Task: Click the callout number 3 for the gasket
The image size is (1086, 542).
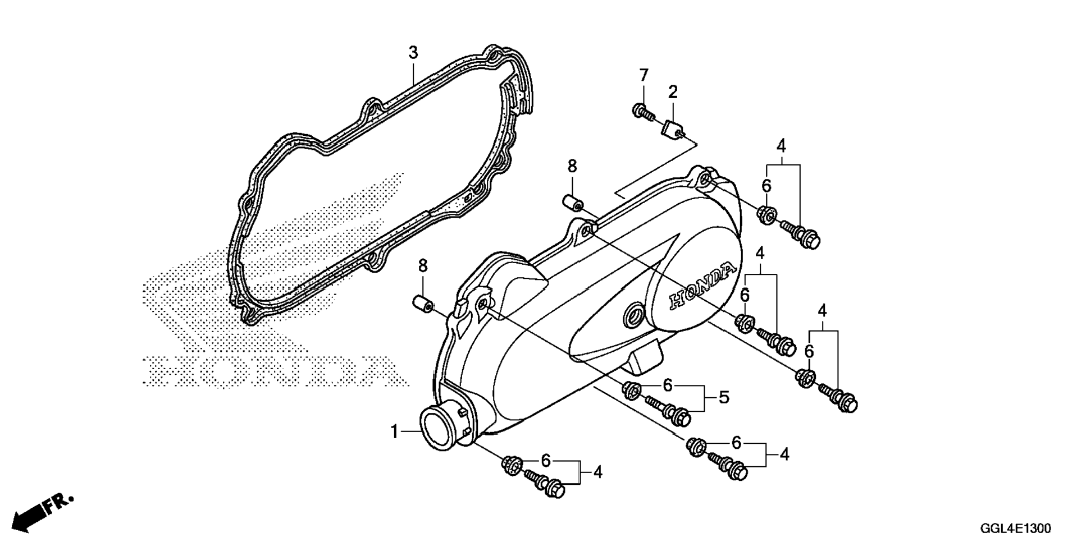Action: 413,53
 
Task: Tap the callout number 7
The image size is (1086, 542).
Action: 644,75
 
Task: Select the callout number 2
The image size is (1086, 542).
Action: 673,91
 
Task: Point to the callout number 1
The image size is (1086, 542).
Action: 394,432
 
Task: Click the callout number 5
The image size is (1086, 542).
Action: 724,398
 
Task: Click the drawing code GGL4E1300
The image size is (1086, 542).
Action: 1016,529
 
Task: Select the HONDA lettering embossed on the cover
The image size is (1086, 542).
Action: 701,286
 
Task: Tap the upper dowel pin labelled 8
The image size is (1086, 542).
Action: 573,203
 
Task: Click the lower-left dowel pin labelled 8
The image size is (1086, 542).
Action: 423,304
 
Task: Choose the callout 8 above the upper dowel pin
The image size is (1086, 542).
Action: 572,166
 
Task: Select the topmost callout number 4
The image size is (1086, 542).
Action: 781,146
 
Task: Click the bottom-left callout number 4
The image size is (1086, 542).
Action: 598,472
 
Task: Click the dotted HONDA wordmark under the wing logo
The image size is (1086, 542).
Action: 275,371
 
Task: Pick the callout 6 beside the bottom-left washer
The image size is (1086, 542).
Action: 546,461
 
